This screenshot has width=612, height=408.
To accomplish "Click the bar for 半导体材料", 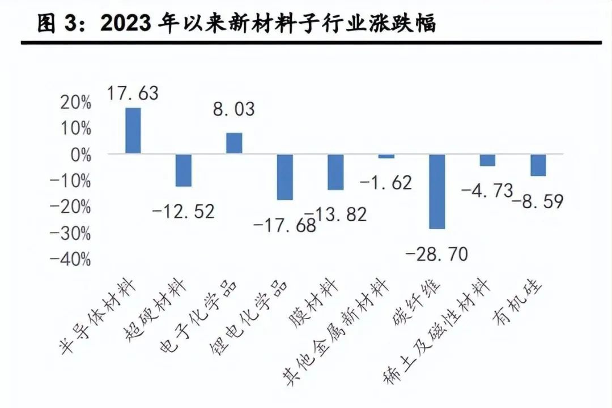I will pos(133,130).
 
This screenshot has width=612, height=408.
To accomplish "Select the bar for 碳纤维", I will pos(437,191).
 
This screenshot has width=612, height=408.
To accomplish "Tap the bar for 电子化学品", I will pos(234,143).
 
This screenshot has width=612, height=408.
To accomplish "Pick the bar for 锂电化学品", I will pos(285,177).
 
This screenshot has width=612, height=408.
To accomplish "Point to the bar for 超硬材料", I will pos(183,170).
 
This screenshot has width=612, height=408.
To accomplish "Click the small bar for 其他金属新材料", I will pos(386,156).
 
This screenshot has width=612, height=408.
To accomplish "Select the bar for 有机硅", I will pos(538,165).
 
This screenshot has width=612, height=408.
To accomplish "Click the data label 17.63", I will pos(133,93).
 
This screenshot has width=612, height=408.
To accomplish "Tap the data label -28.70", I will pos(437,254).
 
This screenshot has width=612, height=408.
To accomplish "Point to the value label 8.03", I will pos(233,109).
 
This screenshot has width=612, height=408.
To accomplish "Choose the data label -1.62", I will pos(386,183).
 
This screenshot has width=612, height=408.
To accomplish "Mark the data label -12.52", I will pos(184,212).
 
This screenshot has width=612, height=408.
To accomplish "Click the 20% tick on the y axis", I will pos(77,103).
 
